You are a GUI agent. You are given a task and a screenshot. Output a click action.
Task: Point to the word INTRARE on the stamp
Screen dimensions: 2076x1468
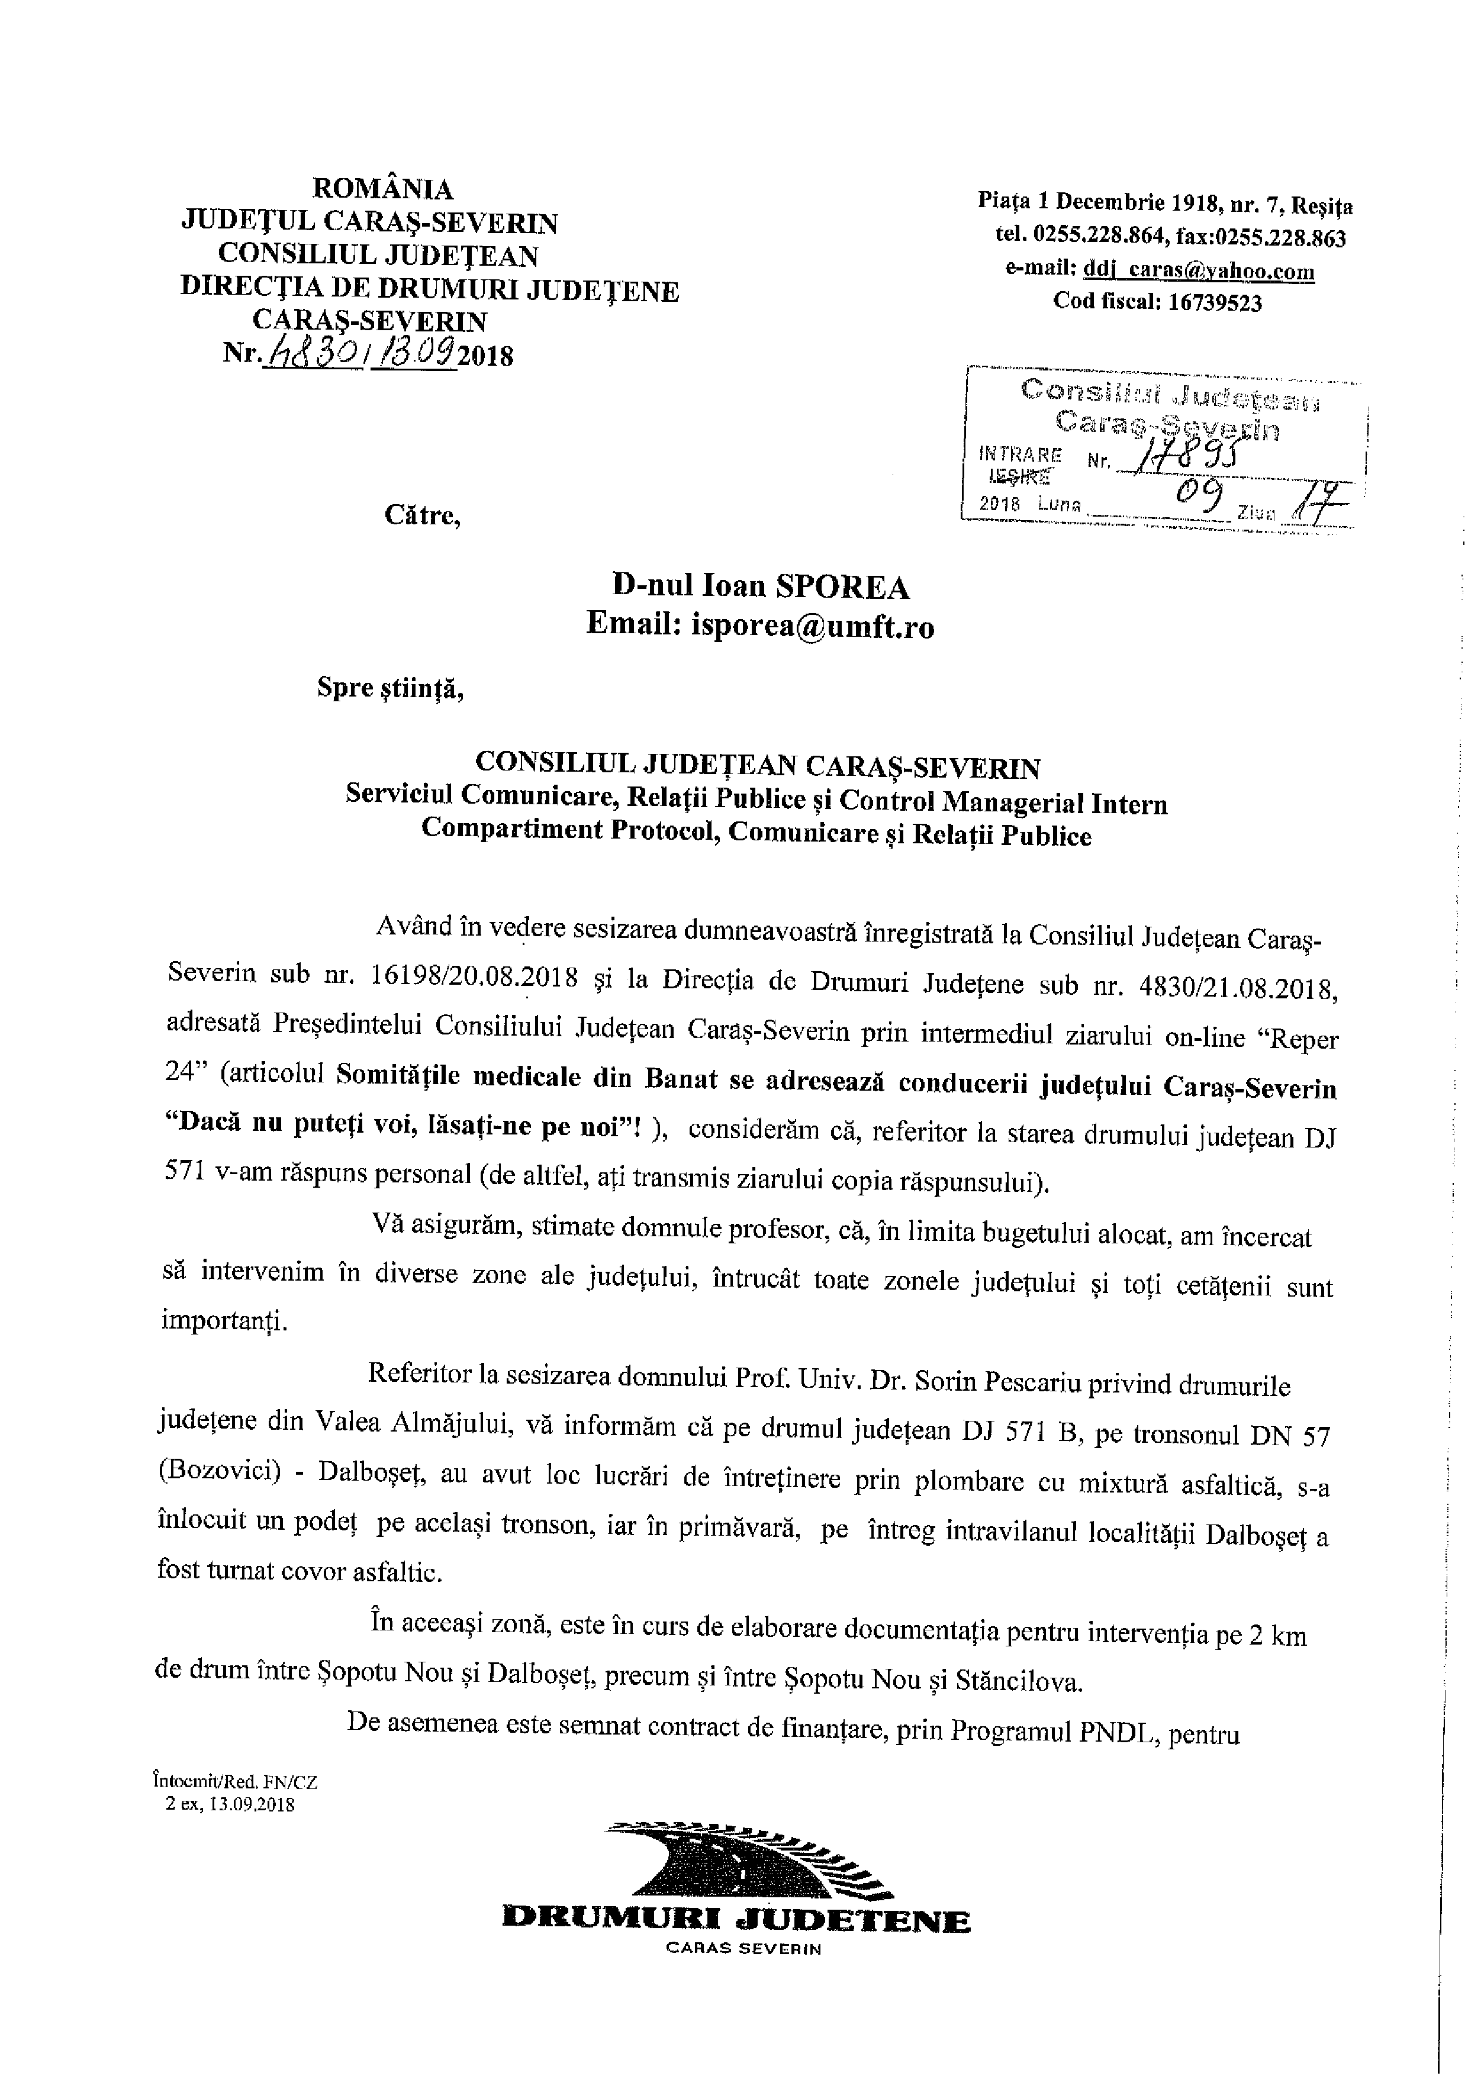click(1022, 455)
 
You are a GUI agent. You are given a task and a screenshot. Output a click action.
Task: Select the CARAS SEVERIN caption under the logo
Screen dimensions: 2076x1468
click(743, 1949)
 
